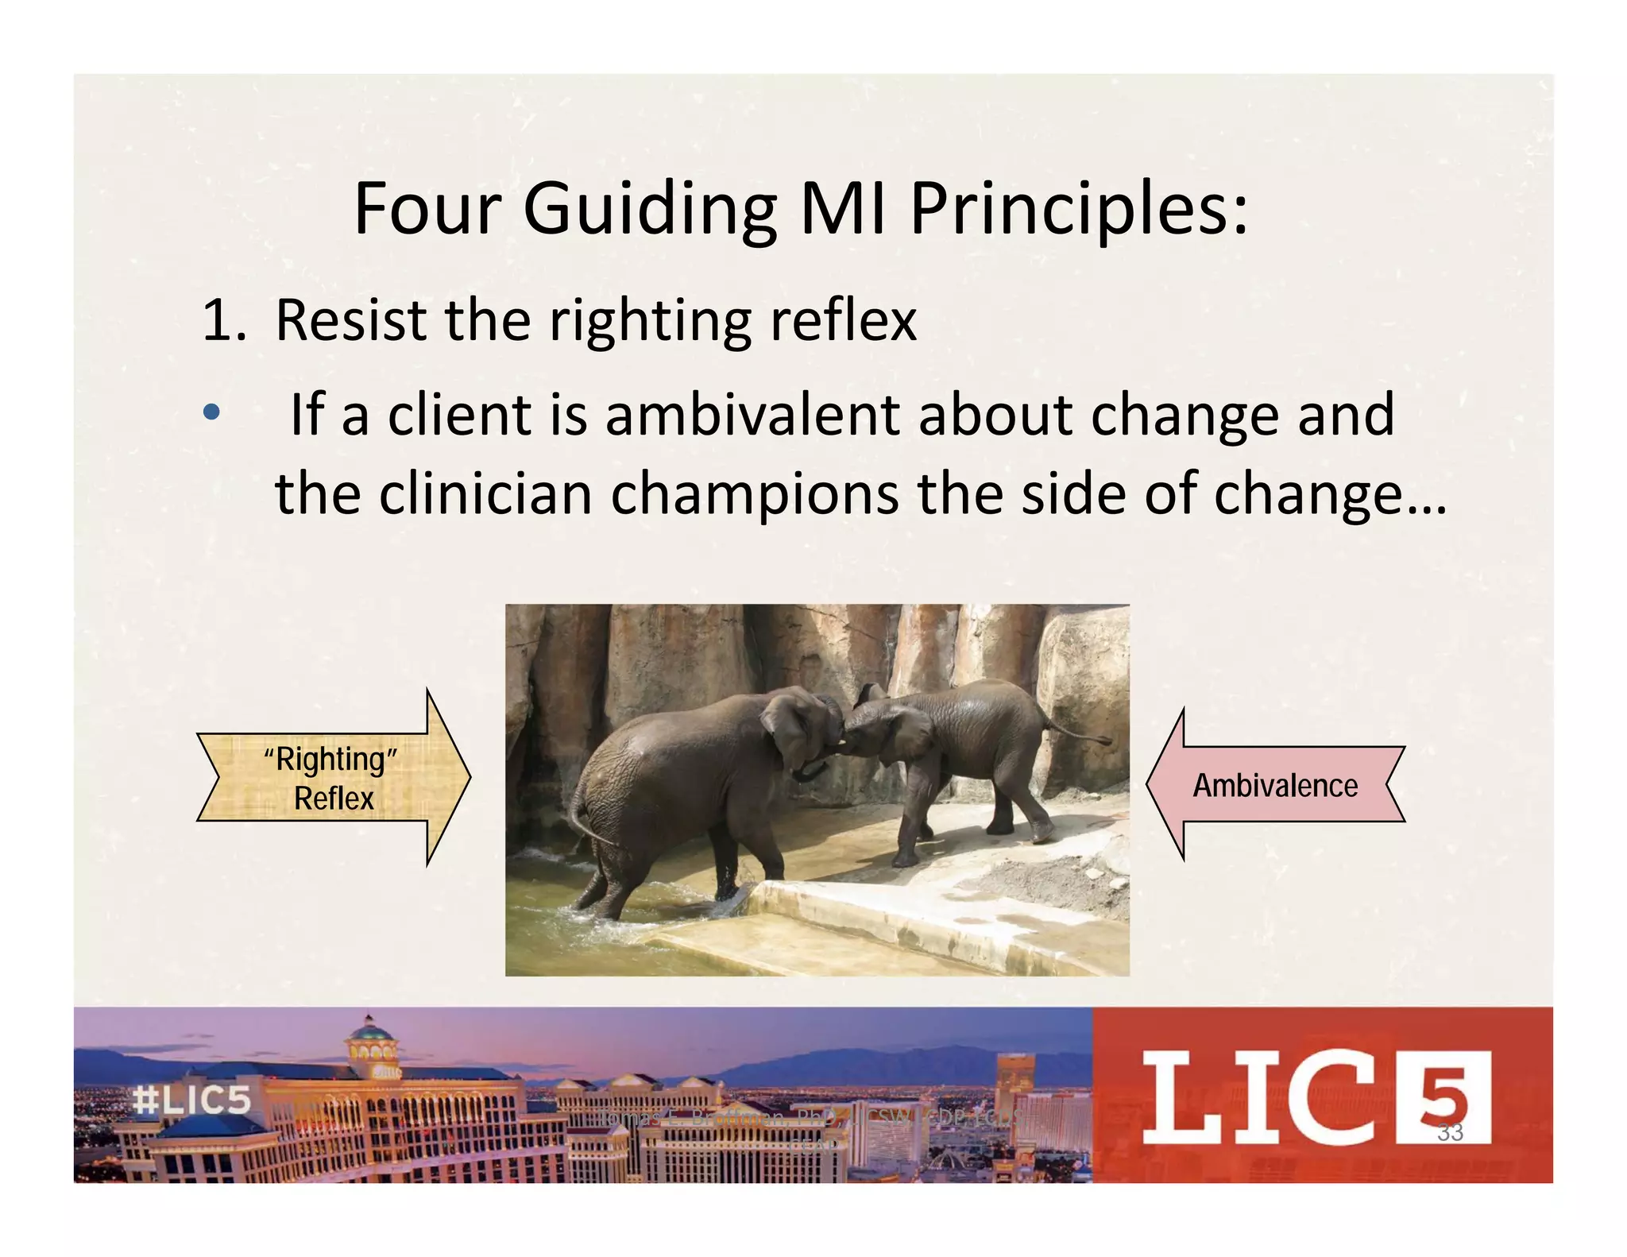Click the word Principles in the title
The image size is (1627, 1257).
[x=1078, y=209]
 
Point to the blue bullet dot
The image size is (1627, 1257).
[x=211, y=412]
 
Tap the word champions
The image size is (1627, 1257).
[x=754, y=494]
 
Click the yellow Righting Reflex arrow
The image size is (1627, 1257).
[x=334, y=778]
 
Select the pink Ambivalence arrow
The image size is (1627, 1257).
[x=1275, y=785]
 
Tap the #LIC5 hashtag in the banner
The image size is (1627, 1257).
[x=191, y=1100]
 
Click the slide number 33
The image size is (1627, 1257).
[x=1450, y=1132]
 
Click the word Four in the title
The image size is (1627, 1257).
[x=427, y=209]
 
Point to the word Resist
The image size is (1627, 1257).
[x=350, y=319]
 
